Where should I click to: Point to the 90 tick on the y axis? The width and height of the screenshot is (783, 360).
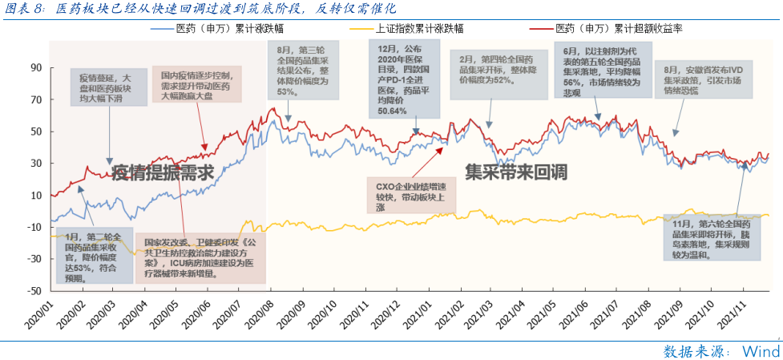(x=35, y=68)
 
